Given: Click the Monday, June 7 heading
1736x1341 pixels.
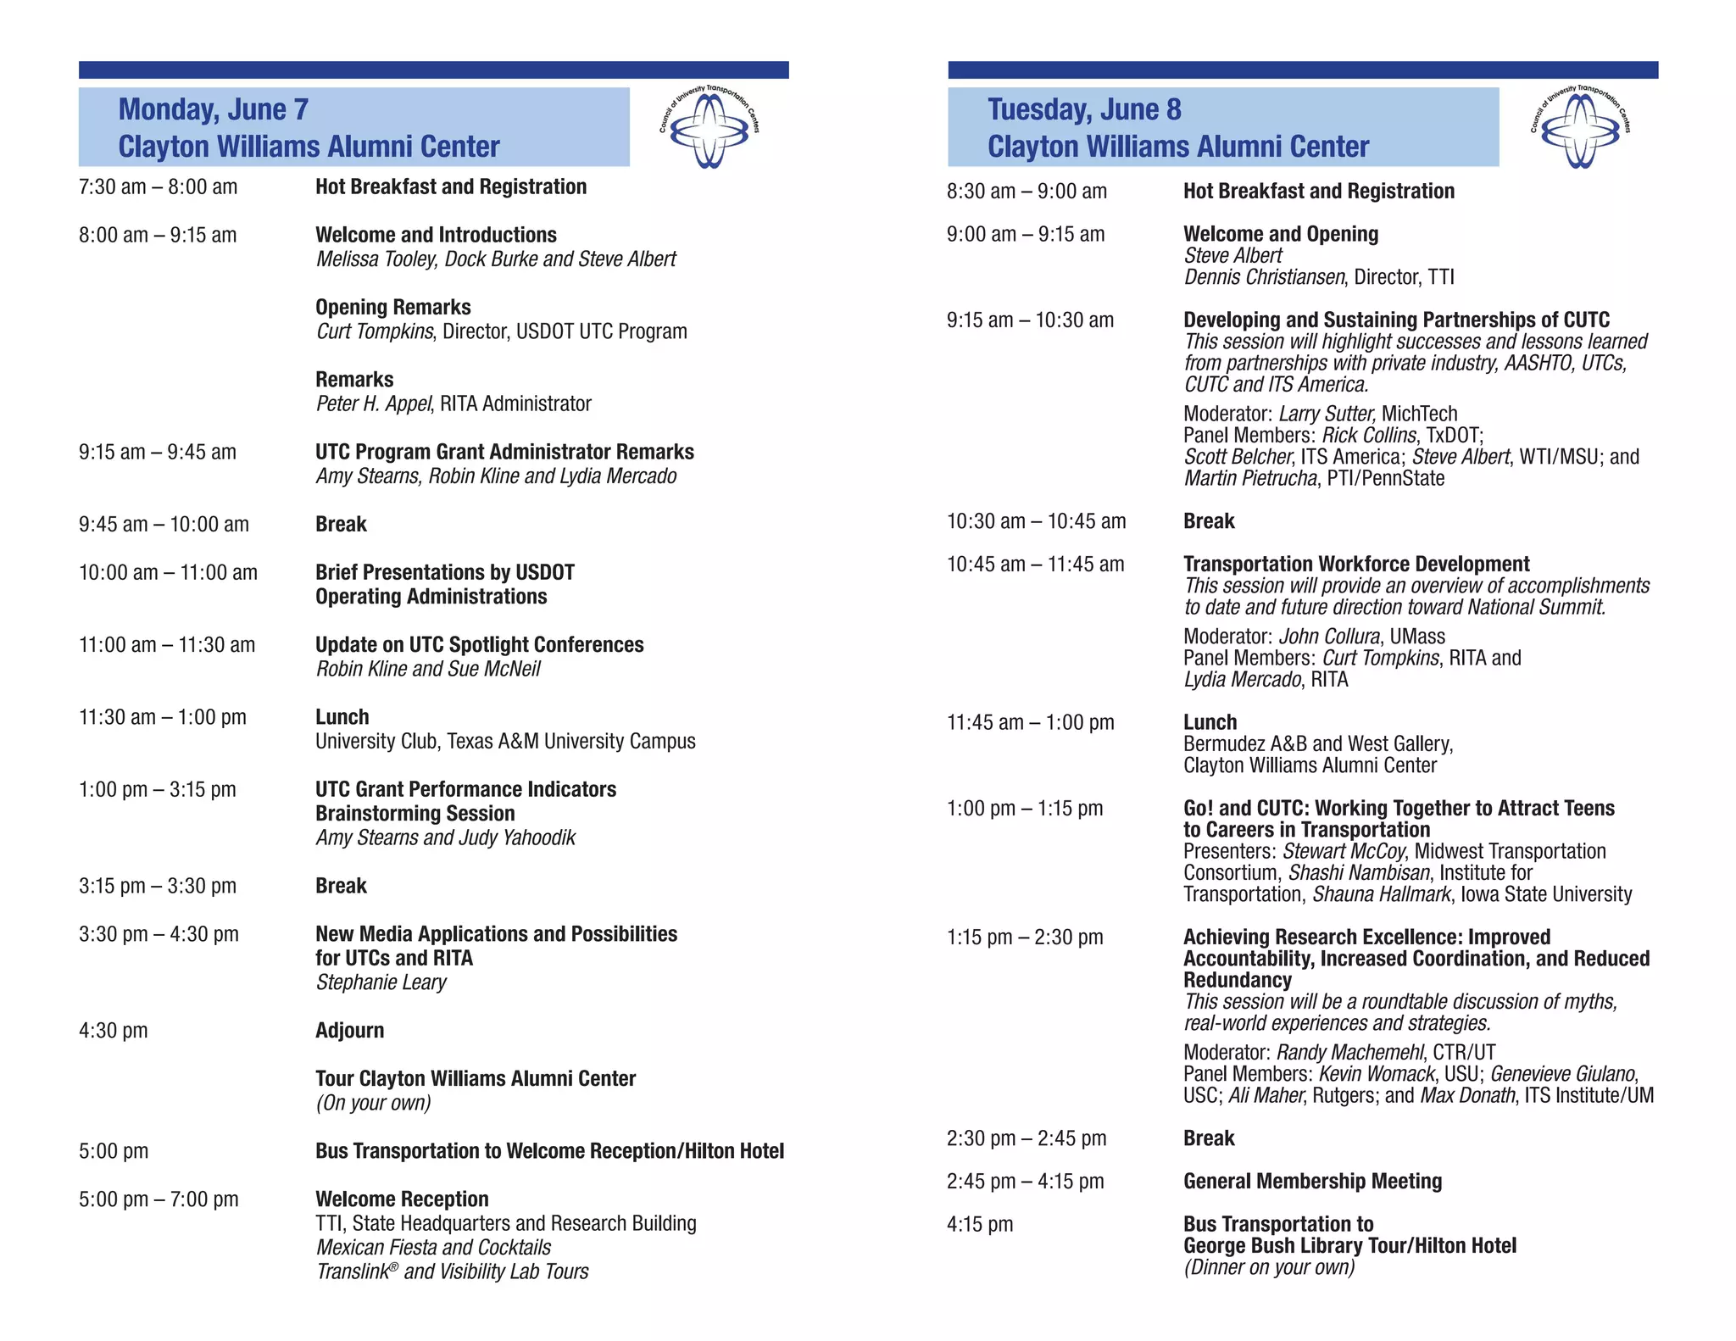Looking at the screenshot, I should click(213, 109).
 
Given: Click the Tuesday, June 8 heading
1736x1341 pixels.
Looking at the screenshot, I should click(1083, 109).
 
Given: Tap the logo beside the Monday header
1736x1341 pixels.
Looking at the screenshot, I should click(709, 128).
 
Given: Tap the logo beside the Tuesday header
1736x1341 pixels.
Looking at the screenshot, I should click(1579, 128).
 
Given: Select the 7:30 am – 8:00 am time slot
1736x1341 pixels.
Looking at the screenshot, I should click(158, 187).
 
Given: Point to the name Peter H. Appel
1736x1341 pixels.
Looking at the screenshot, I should click(374, 403).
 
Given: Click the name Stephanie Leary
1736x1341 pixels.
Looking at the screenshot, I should click(381, 982).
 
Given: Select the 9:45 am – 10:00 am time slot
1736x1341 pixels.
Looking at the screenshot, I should click(164, 525).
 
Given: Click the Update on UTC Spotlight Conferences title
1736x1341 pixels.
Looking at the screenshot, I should click(479, 645).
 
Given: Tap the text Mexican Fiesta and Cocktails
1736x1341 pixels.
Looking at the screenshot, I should click(433, 1248).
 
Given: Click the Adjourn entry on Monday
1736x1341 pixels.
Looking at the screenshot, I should click(349, 1031).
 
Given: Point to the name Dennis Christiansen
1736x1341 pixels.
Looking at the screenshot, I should click(1264, 277).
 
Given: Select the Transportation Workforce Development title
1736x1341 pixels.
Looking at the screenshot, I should click(1356, 565).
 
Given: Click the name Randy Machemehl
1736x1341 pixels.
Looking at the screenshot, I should click(1349, 1053).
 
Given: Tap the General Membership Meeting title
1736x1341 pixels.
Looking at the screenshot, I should click(1312, 1182).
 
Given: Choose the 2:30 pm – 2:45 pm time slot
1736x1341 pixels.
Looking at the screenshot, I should click(1026, 1138).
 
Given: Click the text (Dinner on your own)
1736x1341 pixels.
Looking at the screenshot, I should click(1269, 1267).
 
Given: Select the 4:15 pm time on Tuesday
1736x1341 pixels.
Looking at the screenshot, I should click(980, 1225).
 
